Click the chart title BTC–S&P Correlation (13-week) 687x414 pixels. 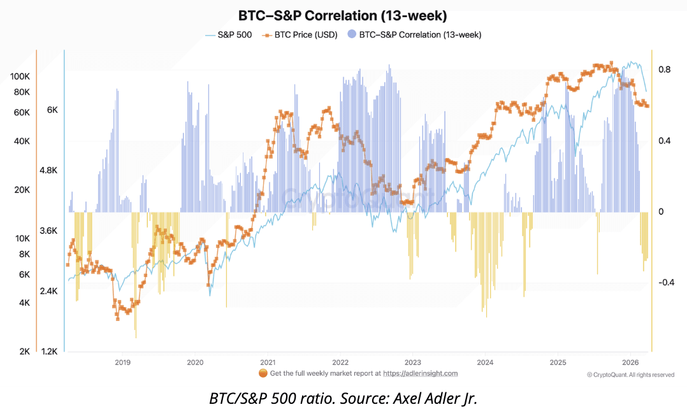(x=343, y=15)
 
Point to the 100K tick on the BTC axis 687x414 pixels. (x=20, y=76)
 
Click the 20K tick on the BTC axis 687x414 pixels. (x=22, y=190)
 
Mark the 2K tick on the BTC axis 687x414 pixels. (x=24, y=352)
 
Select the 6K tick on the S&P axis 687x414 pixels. (x=52, y=110)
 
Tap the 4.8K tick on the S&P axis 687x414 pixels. (x=48, y=171)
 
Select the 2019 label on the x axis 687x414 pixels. (x=122, y=362)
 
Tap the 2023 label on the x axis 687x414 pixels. (x=412, y=362)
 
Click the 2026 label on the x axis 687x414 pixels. (x=630, y=362)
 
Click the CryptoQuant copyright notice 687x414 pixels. (x=630, y=375)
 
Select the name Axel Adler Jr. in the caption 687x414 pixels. (x=440, y=399)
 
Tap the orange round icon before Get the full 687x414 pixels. (x=263, y=373)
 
